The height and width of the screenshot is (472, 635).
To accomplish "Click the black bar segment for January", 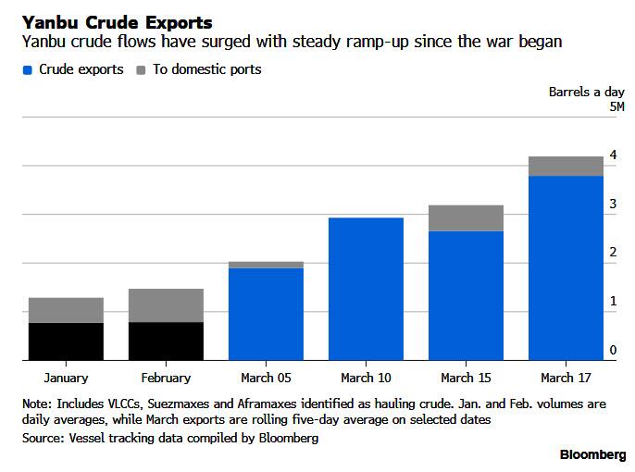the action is click(x=66, y=342).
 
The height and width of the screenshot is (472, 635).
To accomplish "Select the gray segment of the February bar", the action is click(x=166, y=305).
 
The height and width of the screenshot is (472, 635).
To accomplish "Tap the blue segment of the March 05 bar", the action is click(x=266, y=314).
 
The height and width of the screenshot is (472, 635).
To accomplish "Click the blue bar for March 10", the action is click(x=367, y=289).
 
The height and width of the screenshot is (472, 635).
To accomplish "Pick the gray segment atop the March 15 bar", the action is click(x=467, y=218).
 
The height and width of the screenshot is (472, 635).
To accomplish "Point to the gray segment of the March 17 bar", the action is click(x=567, y=167).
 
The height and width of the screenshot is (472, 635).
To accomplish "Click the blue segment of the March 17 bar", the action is click(x=567, y=268).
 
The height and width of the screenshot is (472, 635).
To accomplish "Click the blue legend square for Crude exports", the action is click(x=28, y=70).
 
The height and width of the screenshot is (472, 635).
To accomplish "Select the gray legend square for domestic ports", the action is click(x=141, y=70).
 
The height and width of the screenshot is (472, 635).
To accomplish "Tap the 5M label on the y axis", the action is click(x=616, y=106).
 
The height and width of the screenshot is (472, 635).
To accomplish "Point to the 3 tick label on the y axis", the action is click(x=613, y=204).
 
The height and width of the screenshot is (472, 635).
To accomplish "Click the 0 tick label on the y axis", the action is click(x=613, y=350).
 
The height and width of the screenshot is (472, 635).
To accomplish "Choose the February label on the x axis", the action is click(x=166, y=379).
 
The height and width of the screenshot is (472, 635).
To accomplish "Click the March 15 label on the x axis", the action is click(x=467, y=378).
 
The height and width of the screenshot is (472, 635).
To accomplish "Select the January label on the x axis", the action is click(x=66, y=379).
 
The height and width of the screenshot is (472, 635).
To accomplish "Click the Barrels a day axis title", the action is click(x=587, y=93).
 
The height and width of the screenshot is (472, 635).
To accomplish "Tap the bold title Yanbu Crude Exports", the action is click(x=118, y=22).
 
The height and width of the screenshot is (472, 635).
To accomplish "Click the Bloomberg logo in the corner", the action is click(x=592, y=455).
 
